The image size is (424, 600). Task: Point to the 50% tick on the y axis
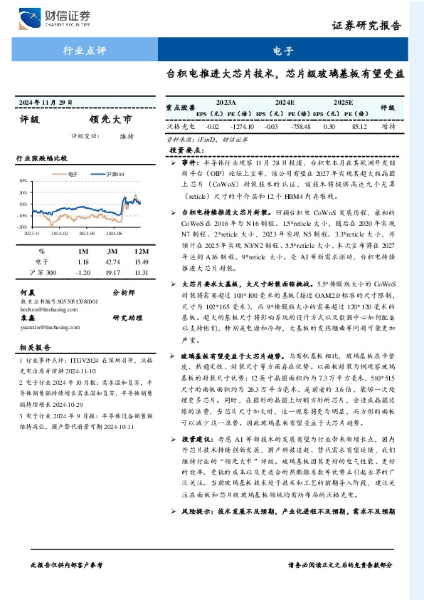[23, 180]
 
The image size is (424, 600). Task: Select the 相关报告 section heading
[33, 348]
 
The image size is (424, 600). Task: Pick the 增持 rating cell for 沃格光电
[388, 126]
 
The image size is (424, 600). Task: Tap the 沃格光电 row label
[176, 126]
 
